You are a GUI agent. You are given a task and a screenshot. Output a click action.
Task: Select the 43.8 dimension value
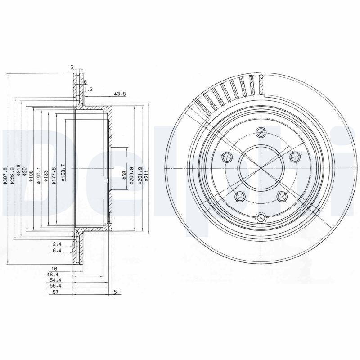(120, 94)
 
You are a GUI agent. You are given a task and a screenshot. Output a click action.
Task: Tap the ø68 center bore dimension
(124, 175)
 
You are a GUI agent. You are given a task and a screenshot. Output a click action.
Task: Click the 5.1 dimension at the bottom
(118, 292)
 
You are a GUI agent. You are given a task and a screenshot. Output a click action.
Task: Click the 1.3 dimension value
(88, 90)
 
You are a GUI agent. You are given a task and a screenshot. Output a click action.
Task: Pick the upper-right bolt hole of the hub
(295, 157)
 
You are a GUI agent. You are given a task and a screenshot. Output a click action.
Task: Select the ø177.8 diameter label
(54, 174)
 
